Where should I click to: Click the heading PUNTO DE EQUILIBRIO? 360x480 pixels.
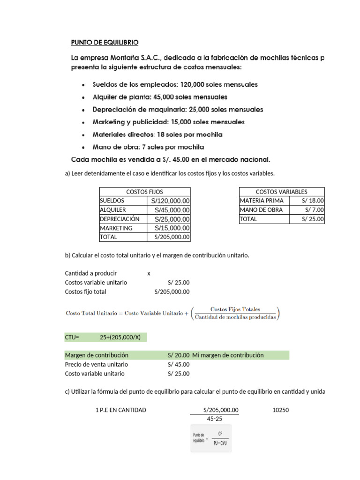click(x=105, y=43)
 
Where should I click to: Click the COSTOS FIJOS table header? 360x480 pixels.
click(x=144, y=192)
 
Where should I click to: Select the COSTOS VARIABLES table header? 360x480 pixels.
click(x=281, y=192)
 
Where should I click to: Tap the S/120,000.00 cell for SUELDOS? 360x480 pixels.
click(x=169, y=201)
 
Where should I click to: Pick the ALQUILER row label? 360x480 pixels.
click(x=113, y=210)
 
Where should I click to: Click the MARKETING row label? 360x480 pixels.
click(x=116, y=228)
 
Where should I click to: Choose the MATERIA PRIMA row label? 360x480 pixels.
click(x=262, y=201)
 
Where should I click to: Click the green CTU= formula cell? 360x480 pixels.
click(x=105, y=337)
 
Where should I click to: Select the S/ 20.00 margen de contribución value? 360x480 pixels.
click(x=179, y=355)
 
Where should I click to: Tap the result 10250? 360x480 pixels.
click(x=281, y=410)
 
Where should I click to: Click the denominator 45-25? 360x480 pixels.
click(x=214, y=419)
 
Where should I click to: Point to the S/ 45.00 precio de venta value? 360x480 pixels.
click(x=179, y=365)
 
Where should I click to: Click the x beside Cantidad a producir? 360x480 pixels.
click(x=149, y=273)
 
